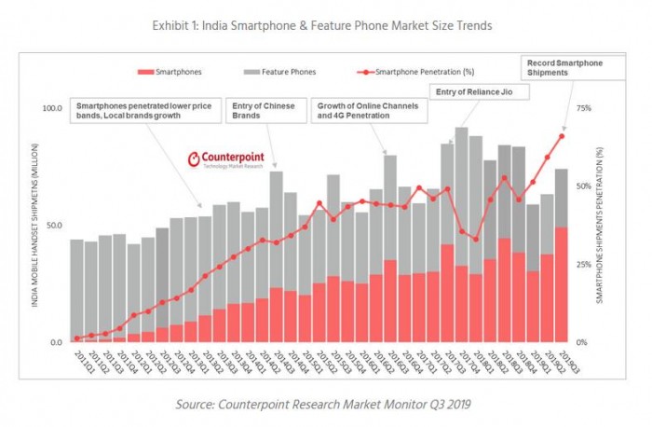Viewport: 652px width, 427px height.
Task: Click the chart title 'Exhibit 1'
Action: pos(321,25)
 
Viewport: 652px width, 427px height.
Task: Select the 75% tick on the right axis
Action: pos(584,109)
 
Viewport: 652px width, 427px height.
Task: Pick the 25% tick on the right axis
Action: pos(584,265)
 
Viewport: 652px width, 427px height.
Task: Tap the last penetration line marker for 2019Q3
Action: pos(562,136)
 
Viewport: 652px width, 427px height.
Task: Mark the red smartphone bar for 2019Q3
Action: pos(562,284)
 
